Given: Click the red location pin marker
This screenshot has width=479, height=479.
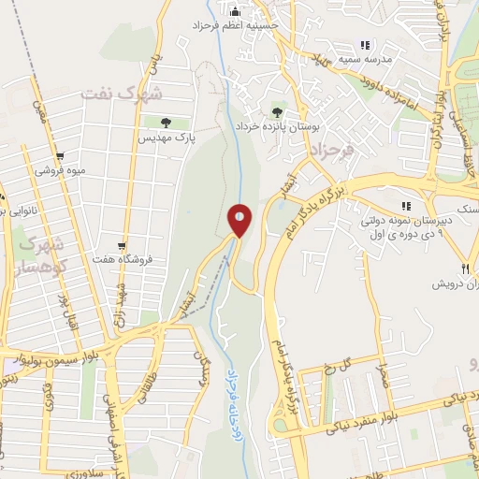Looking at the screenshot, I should click(239, 221).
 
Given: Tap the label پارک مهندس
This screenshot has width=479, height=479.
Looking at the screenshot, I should click(166, 137).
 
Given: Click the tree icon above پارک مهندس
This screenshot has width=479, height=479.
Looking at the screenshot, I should click(166, 122).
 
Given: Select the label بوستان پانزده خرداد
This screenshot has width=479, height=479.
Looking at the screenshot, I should click(275, 124).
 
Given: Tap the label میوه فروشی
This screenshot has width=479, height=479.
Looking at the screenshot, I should click(60, 171).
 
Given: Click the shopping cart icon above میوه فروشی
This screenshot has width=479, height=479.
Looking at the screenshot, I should click(61, 156).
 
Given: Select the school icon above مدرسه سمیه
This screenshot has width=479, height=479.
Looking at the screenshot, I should click(365, 44).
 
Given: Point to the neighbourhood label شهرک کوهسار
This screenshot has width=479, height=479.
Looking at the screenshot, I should click(36, 254).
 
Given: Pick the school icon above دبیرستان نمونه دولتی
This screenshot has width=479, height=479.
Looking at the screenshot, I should click(405, 206).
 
